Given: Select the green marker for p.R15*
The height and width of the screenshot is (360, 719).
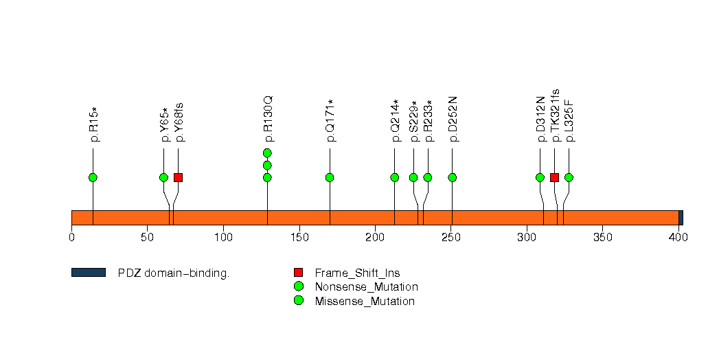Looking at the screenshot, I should click(x=93, y=178).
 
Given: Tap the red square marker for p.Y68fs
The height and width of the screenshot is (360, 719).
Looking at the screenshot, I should click(x=178, y=178).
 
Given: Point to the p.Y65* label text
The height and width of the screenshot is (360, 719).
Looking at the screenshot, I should click(x=165, y=124).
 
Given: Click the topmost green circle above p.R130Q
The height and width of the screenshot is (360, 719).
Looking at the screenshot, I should click(x=267, y=153).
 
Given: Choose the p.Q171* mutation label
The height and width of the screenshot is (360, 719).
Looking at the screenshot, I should click(x=330, y=121).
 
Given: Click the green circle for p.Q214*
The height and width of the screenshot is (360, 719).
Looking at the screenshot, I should click(x=395, y=178).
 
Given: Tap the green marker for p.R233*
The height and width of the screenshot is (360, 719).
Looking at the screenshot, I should click(x=428, y=178).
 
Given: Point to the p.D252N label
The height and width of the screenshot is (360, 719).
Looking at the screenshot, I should click(x=453, y=119).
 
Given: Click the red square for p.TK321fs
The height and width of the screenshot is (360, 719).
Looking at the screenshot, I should click(x=554, y=178).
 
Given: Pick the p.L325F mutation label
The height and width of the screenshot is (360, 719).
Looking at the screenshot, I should click(x=569, y=120).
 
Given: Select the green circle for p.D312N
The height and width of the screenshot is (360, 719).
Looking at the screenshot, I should click(x=540, y=178).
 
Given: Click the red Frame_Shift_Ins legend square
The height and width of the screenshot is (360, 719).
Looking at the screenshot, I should click(x=298, y=273).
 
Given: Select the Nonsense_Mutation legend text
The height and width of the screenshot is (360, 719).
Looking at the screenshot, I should click(x=366, y=287).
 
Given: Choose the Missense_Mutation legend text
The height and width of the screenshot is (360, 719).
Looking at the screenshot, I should click(x=365, y=302).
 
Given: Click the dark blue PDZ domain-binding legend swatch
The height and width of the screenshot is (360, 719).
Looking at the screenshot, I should click(x=88, y=273).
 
